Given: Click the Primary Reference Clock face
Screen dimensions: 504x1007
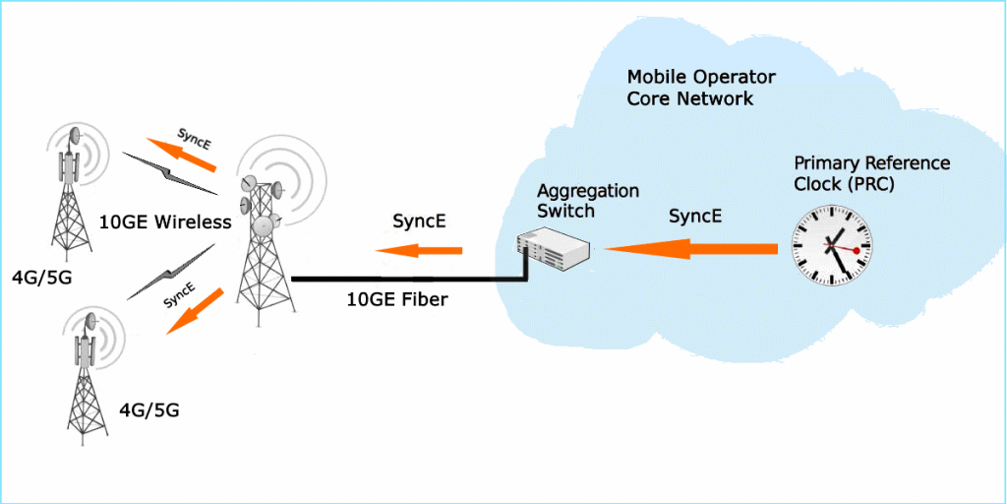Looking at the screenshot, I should [x=833, y=245].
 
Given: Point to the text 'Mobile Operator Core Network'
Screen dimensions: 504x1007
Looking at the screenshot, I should [x=702, y=88].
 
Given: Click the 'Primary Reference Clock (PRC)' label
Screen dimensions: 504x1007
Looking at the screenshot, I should [x=871, y=172].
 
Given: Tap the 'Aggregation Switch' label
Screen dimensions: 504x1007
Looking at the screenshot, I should [x=588, y=199].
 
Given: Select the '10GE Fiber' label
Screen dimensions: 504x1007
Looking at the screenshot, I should [x=397, y=299].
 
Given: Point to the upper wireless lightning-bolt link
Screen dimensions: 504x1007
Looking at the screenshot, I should [x=169, y=173].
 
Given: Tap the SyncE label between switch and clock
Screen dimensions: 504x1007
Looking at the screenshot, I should [x=695, y=216].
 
